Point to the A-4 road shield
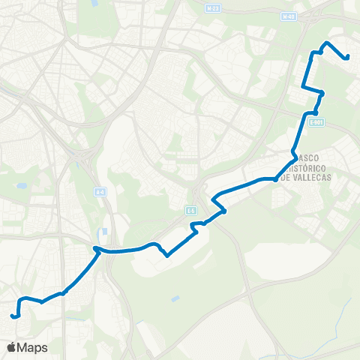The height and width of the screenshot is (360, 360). [x=100, y=193]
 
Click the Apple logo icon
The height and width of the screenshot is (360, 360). [x=12, y=347]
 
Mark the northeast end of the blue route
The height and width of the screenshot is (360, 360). [x=347, y=57]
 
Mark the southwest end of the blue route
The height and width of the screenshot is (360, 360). [x=13, y=316]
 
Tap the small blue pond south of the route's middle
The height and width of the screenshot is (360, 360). [x=175, y=299]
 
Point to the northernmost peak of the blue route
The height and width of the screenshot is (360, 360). [x=326, y=43]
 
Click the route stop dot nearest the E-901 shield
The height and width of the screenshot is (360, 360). [x=316, y=112]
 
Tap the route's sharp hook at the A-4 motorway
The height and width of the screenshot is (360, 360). [x=95, y=247]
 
